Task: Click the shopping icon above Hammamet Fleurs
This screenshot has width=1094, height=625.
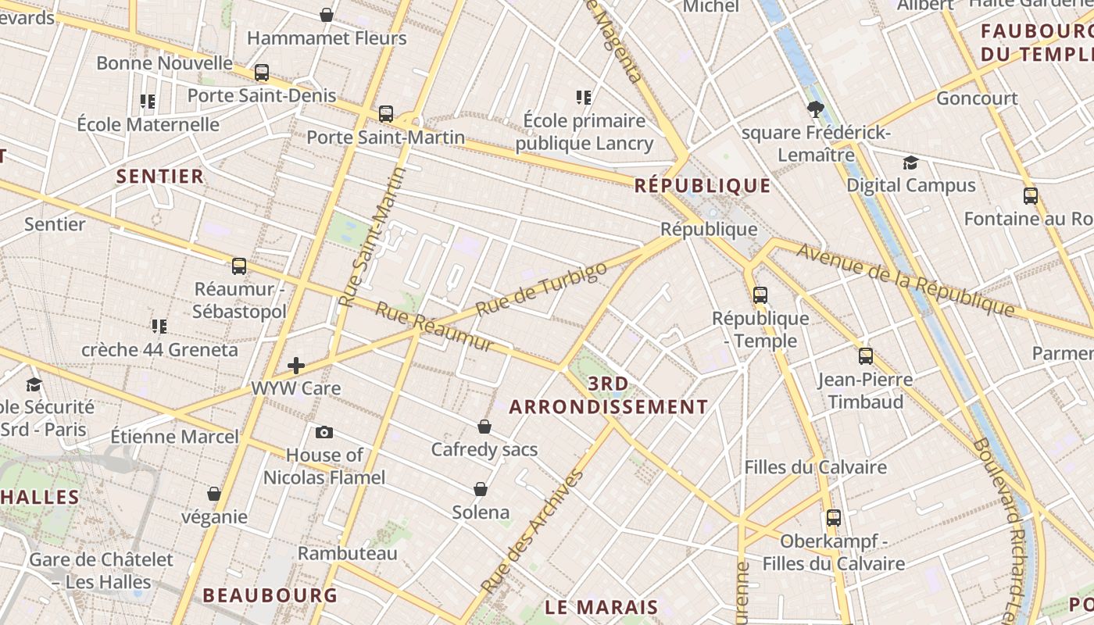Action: [327, 15]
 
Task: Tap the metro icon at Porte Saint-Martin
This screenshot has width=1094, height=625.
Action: [385, 114]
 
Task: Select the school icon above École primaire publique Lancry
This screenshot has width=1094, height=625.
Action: [584, 98]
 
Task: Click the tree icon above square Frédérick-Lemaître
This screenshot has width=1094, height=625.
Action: [816, 109]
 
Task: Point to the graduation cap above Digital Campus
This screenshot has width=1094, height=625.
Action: [910, 162]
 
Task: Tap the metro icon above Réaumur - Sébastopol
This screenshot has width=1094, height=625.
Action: [239, 266]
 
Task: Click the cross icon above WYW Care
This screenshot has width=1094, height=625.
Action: [296, 365]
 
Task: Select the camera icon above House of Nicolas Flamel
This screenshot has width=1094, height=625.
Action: [324, 432]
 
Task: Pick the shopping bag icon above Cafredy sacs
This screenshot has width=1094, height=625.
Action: [484, 427]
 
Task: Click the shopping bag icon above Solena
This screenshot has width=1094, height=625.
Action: [481, 490]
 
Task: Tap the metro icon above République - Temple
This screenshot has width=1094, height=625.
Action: [760, 295]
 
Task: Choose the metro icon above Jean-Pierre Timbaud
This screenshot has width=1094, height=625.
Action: [865, 357]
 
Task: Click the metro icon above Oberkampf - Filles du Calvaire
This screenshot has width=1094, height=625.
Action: [834, 517]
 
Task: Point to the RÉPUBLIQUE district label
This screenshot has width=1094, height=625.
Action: [703, 186]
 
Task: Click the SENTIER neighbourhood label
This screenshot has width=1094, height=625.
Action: [160, 177]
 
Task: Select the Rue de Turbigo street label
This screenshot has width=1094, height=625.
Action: [541, 289]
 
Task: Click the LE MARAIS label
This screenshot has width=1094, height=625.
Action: [602, 607]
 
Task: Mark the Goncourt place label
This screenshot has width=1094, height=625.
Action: [977, 98]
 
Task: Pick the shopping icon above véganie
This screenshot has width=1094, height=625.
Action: [214, 495]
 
